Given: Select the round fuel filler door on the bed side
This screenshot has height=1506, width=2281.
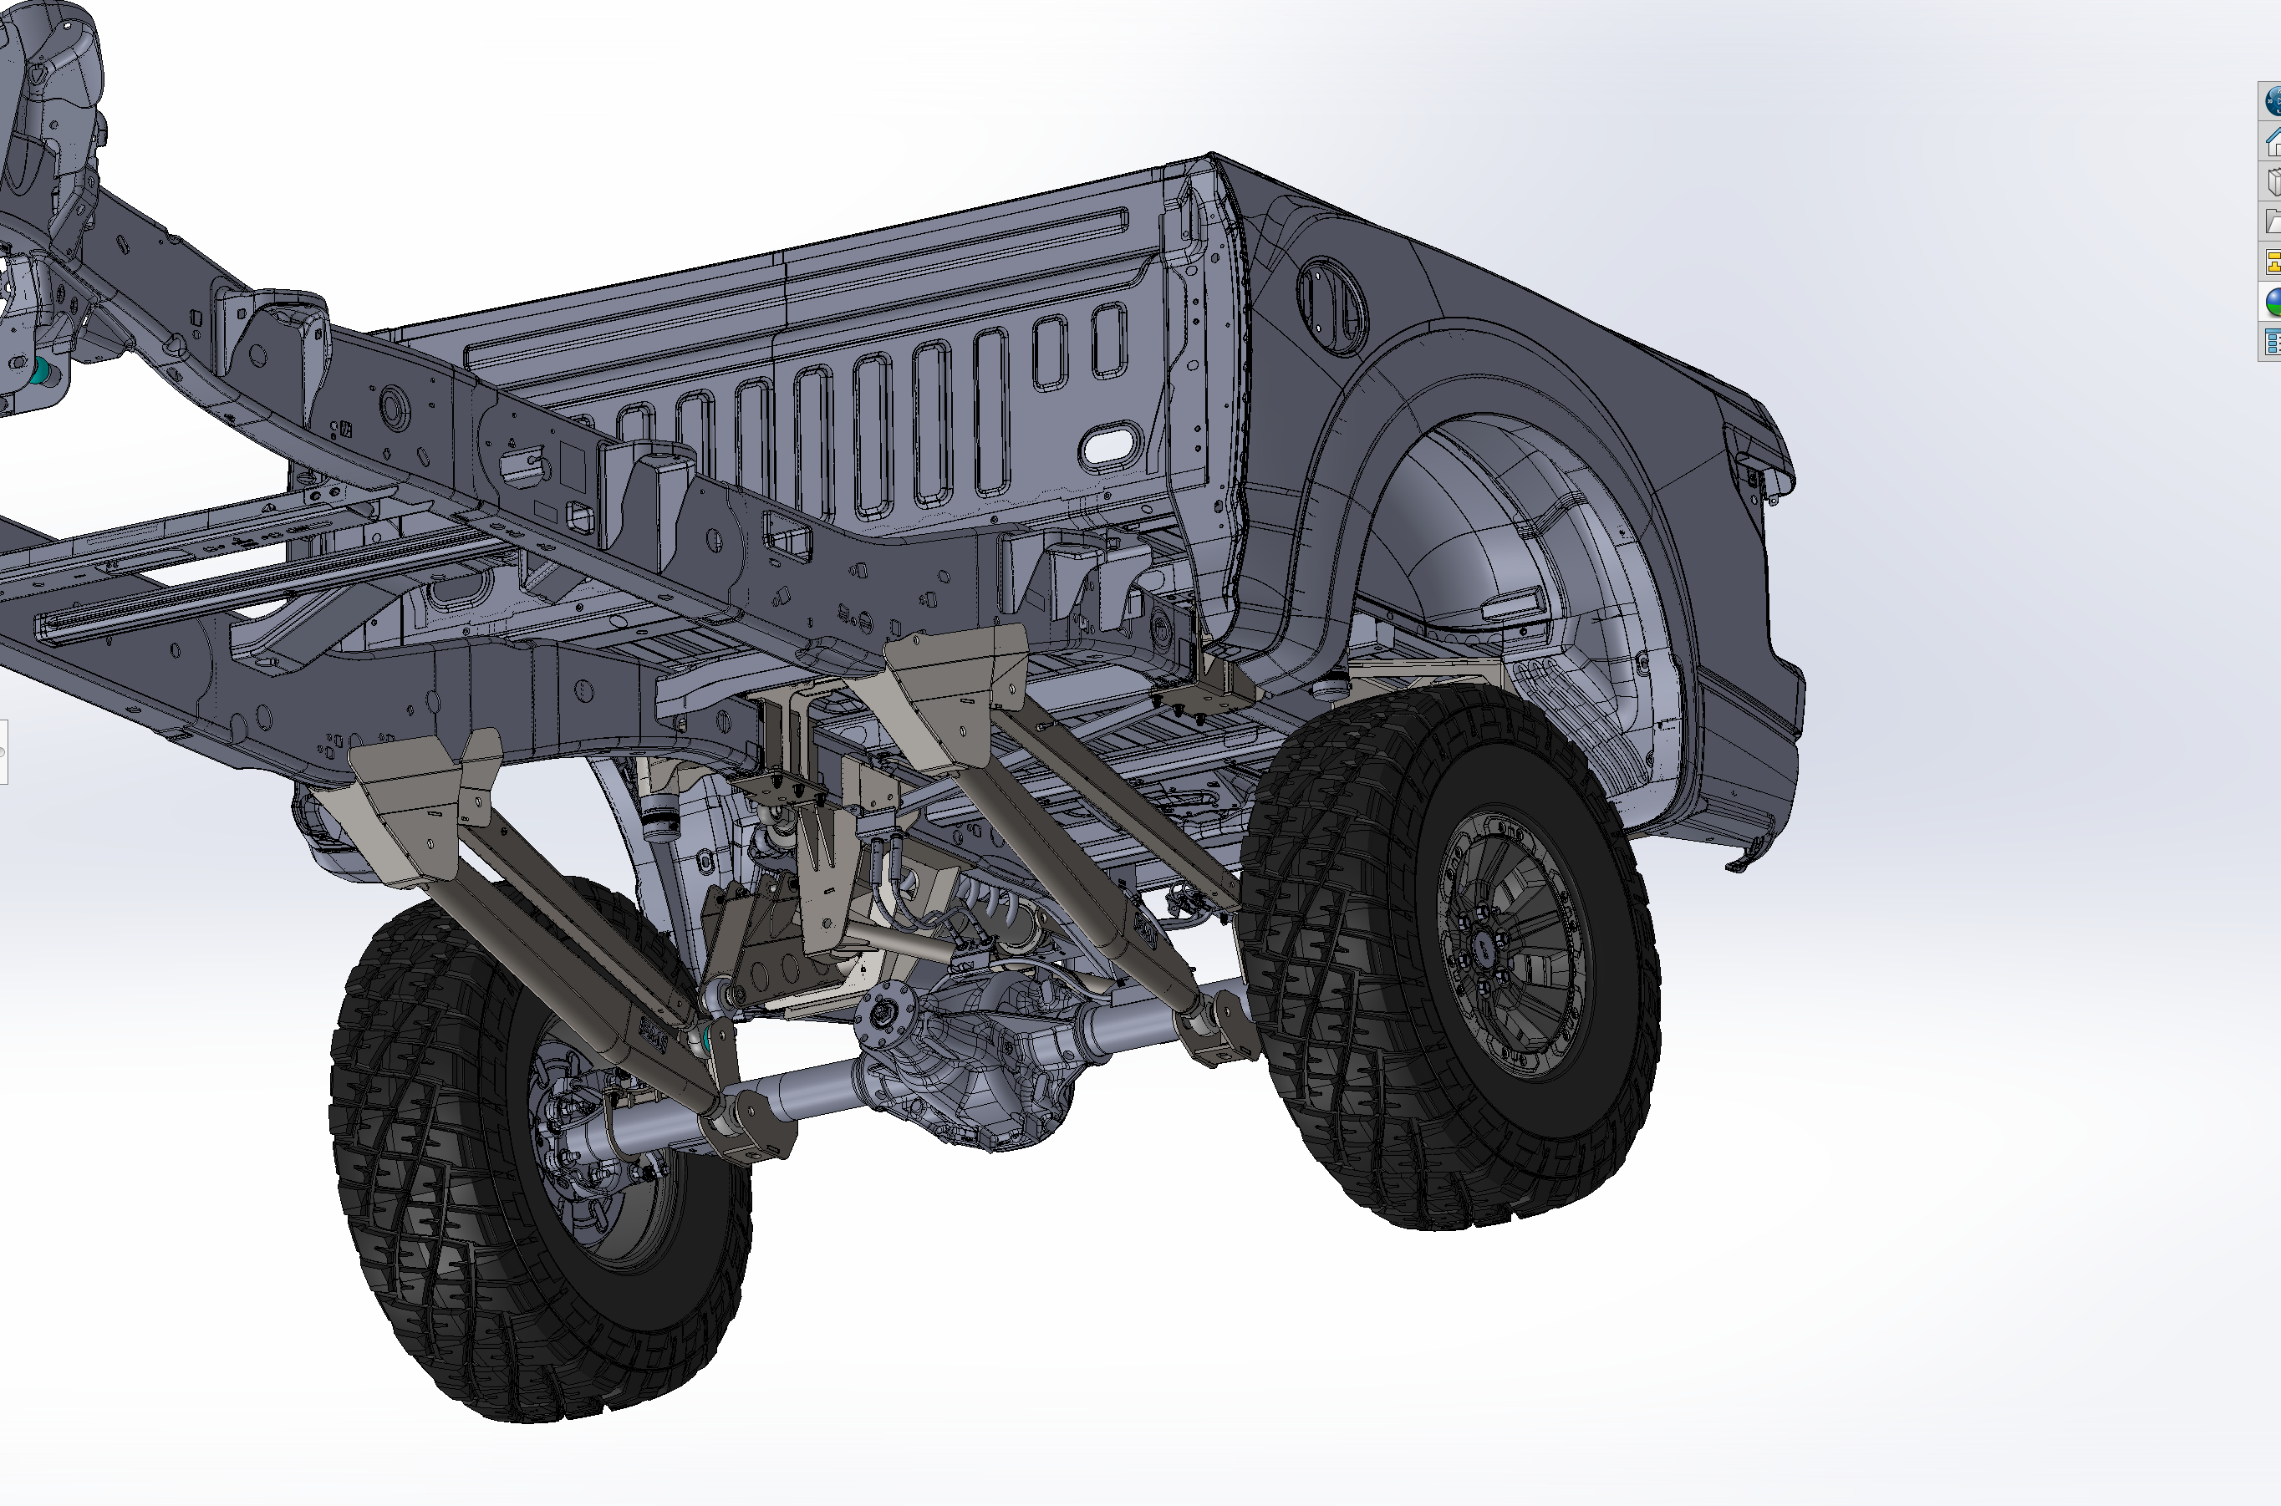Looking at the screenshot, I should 1330,302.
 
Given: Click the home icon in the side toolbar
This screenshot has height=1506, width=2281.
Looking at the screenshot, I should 2273,142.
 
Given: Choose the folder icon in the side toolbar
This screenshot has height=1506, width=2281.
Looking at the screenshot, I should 2273,221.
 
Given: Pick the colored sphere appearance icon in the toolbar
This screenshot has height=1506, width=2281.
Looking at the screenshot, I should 2273,302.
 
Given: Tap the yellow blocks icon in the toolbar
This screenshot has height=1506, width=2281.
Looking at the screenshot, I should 2273,262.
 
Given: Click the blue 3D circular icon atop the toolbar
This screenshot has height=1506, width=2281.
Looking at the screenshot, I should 2273,101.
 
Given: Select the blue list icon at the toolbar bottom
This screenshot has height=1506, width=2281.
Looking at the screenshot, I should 2273,342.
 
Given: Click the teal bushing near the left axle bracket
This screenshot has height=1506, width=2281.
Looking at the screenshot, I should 710,1037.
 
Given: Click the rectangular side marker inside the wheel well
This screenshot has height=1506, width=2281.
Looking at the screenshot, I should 1513,605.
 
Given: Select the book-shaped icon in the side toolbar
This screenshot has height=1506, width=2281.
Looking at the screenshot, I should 2273,181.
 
